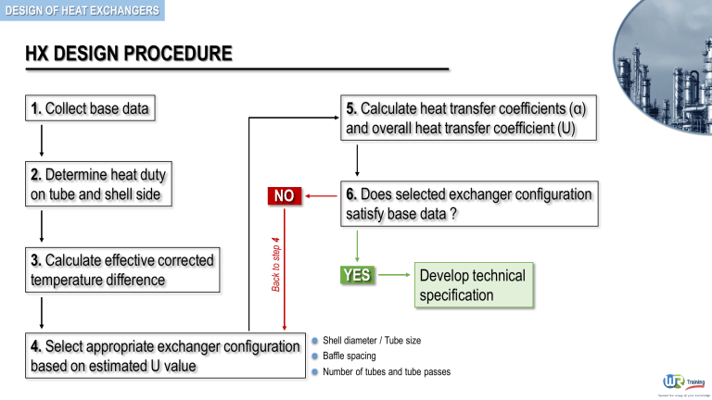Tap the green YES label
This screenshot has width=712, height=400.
pyautogui.click(x=357, y=275)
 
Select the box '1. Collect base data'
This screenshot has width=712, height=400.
pyautogui.click(x=88, y=109)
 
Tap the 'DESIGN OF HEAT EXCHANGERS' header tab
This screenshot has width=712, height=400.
pyautogui.click(x=81, y=11)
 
